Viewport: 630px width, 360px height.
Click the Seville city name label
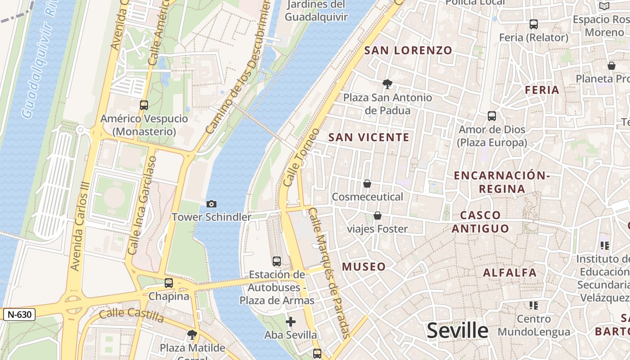pos(457,331)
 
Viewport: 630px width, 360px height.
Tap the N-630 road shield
pos(19,314)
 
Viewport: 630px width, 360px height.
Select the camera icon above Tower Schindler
pos(211,204)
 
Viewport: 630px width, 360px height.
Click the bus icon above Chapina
pos(169,283)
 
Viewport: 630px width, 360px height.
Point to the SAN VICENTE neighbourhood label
pos(369,137)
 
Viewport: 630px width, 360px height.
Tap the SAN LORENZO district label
pos(408,50)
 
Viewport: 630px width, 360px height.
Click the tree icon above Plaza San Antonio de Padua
pos(387,84)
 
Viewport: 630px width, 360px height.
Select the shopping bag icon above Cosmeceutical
pos(367,184)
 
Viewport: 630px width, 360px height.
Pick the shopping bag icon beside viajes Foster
pos(378,216)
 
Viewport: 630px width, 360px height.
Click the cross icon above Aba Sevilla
pos(291,322)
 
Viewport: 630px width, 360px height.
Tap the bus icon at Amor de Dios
pos(492,116)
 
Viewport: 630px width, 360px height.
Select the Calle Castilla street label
pos(131,315)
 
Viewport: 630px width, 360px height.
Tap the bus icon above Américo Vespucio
pos(144,105)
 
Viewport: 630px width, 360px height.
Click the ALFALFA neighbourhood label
pos(509,273)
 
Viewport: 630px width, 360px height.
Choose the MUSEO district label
pos(364,266)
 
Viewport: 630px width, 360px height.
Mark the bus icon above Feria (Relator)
pos(534,24)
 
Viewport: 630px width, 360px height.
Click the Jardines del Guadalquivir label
pos(316,11)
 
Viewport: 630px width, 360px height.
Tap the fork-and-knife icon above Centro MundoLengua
pos(534,306)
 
